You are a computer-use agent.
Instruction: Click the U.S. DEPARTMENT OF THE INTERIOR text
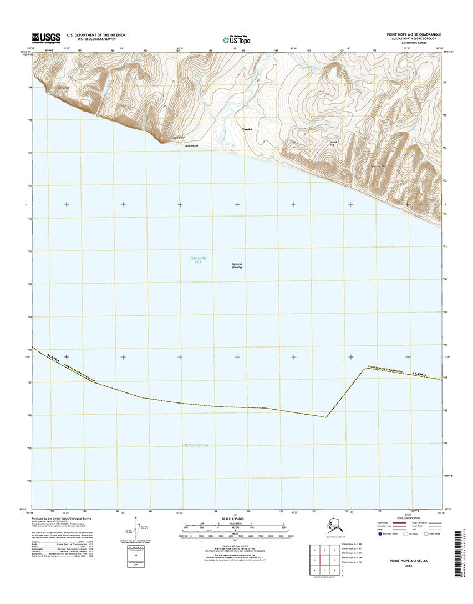point(96,34)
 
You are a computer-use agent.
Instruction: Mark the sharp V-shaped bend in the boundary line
point(327,416)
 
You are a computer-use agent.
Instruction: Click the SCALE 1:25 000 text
point(236,519)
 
